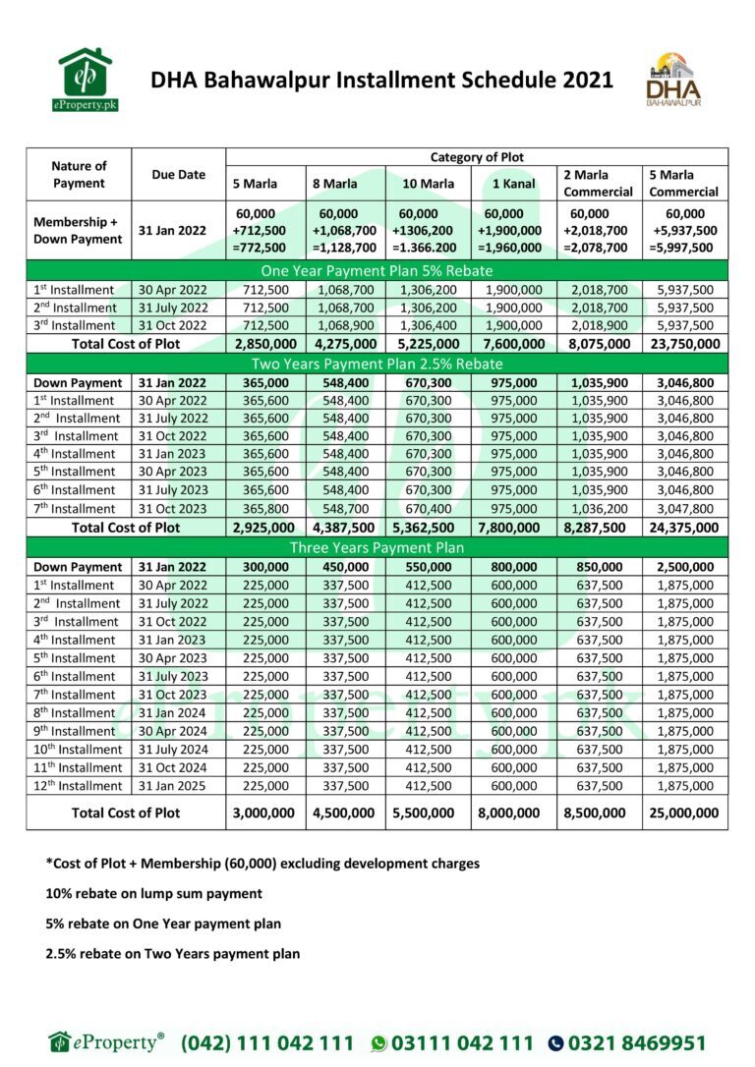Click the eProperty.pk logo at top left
(86, 79)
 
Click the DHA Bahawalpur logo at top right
(673, 80)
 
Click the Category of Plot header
(477, 157)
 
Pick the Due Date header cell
(178, 175)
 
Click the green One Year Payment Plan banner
(377, 271)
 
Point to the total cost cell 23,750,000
(684, 344)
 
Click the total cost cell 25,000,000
(684, 813)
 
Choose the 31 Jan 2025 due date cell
(178, 786)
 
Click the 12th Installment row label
(79, 786)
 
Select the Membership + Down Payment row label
(79, 231)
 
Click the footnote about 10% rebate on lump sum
(153, 894)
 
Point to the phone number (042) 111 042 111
(266, 1042)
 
